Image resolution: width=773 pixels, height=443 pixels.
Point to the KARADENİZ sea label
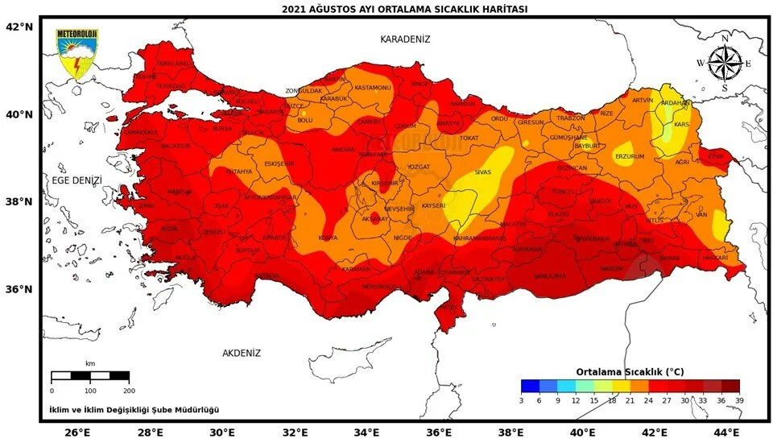coord(406,39)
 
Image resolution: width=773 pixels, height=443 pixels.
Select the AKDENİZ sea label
coord(242,353)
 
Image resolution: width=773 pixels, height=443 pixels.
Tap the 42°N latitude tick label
coord(19,27)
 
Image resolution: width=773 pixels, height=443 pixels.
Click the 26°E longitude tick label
coord(77,433)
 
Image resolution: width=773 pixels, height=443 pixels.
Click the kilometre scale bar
coord(89,376)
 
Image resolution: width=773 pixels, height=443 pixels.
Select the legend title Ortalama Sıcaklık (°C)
coord(630,371)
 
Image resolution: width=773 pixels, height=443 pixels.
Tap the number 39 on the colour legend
coord(739,400)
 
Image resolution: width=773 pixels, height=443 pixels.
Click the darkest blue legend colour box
coord(530,385)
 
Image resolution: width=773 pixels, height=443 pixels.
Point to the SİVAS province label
coord(483,172)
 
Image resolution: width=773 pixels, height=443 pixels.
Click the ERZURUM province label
coord(630,155)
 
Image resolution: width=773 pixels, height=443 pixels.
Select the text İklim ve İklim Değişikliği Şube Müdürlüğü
coord(134,410)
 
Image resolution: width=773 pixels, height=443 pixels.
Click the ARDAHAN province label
coord(675,103)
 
